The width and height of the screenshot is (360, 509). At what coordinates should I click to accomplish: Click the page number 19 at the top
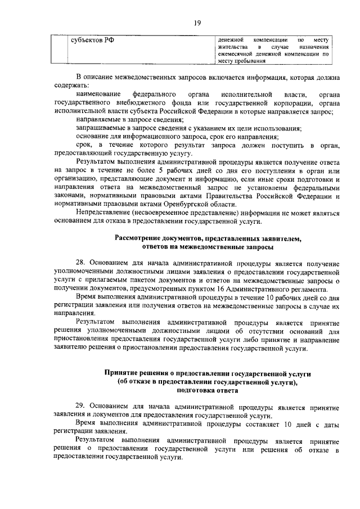[x=197, y=22]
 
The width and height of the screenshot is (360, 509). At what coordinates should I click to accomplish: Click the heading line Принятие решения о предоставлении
[x=208, y=373]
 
